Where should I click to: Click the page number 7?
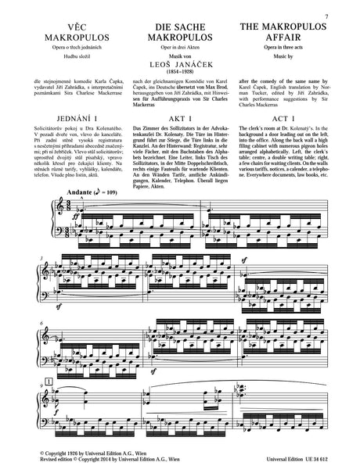[x=346, y=5]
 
